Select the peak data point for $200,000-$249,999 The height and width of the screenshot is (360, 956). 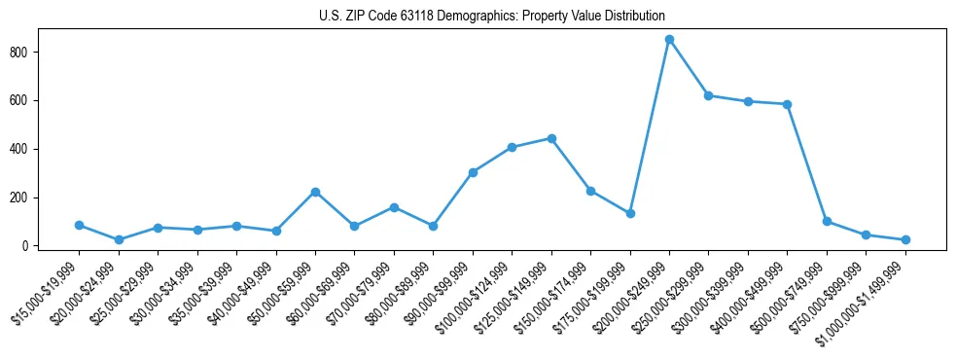click(x=669, y=40)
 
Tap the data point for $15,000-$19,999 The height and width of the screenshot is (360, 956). click(x=79, y=225)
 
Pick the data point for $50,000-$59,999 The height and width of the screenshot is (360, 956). click(x=315, y=192)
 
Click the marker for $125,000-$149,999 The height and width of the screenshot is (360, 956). click(x=551, y=138)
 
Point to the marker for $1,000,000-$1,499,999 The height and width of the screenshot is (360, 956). click(x=905, y=239)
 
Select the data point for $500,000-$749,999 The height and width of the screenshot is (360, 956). click(x=827, y=221)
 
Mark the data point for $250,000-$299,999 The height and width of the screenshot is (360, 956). click(x=709, y=95)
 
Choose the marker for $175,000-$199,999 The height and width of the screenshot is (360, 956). click(x=630, y=213)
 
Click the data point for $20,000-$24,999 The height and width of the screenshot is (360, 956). click(x=119, y=239)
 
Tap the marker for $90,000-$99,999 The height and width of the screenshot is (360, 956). click(x=473, y=172)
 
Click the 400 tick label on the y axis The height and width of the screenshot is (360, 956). click(x=27, y=149)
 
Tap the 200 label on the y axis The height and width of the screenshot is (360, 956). click(x=27, y=198)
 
